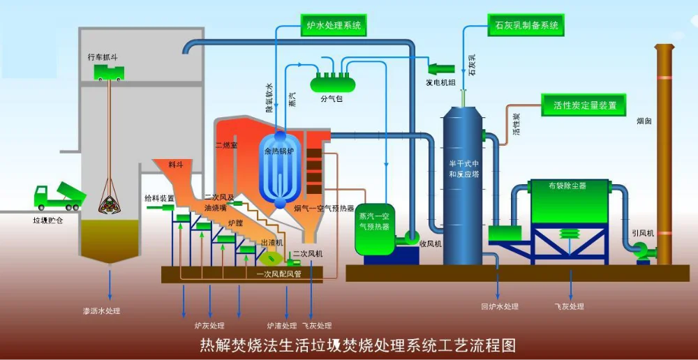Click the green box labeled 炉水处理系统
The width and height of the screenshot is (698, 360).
[334, 25]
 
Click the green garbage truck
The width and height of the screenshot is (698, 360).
[59, 197]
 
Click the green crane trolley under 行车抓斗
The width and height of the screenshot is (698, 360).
[110, 72]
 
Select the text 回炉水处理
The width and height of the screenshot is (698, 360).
[500, 306]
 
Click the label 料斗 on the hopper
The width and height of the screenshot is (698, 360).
[175, 165]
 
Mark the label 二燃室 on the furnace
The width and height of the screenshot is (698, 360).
[227, 145]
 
